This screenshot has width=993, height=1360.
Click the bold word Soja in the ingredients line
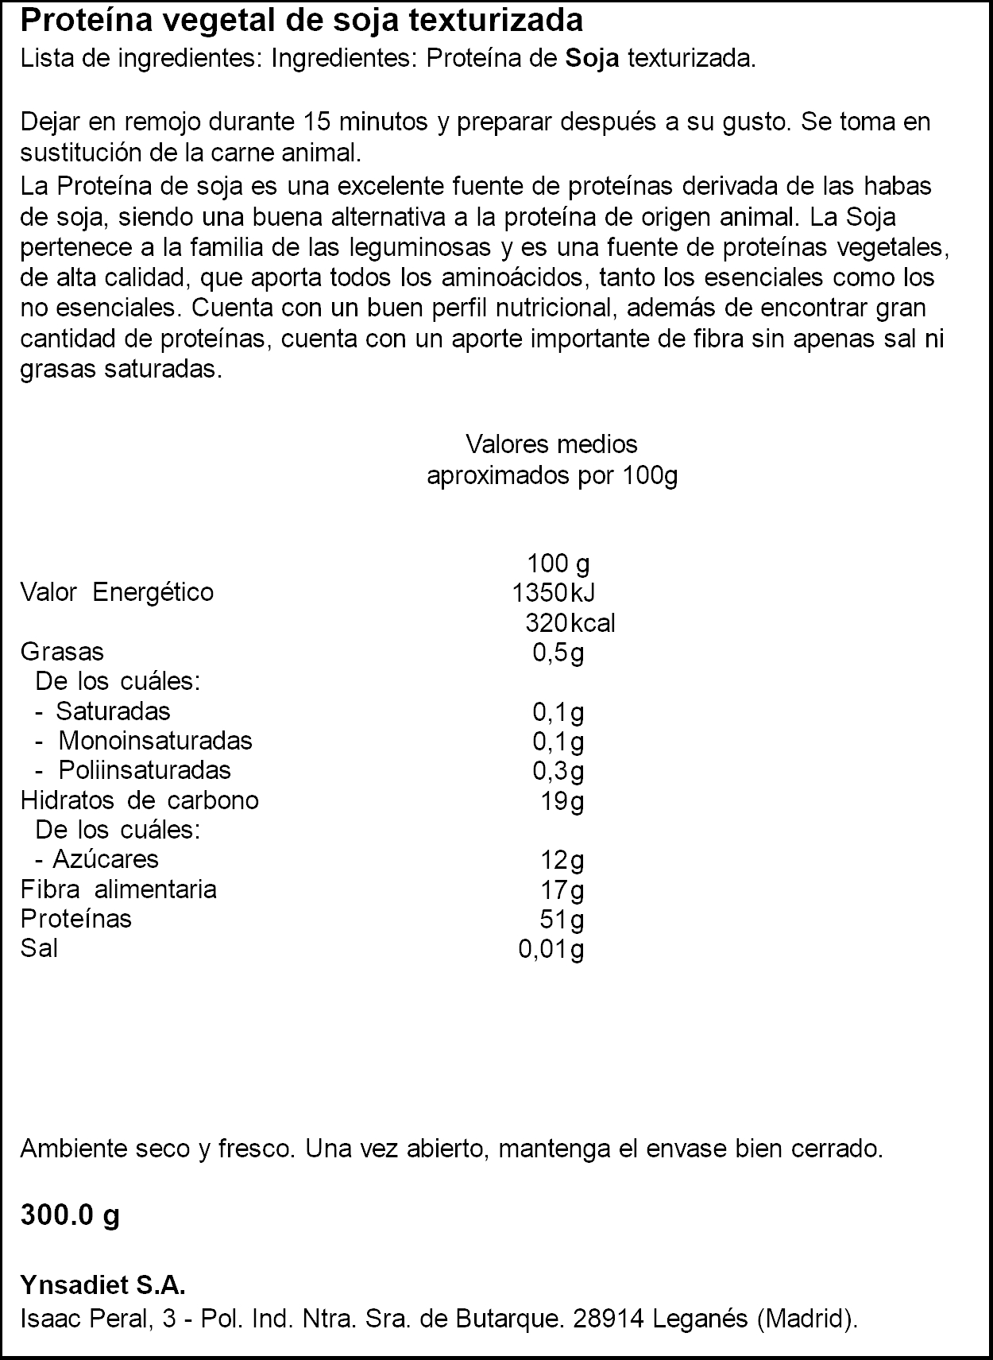(x=593, y=60)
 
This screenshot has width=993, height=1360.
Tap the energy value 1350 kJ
(x=553, y=593)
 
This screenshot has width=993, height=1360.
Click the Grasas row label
(x=62, y=652)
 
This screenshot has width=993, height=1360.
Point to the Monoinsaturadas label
(x=155, y=741)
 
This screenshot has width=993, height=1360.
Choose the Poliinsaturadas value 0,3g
(x=558, y=771)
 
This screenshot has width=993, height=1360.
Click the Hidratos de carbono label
(x=140, y=800)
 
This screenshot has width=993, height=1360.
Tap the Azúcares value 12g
(x=562, y=860)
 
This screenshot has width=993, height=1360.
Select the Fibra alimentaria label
(x=118, y=889)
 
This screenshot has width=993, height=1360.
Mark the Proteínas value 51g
(x=562, y=920)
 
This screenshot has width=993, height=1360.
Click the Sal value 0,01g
(x=551, y=949)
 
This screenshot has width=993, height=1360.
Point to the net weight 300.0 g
(x=70, y=1216)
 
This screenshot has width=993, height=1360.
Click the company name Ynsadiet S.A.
(x=102, y=1286)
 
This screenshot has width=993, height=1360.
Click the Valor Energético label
(x=117, y=592)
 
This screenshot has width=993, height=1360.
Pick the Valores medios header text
(x=551, y=444)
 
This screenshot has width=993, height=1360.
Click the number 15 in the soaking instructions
(x=319, y=122)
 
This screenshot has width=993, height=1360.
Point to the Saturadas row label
(x=113, y=711)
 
